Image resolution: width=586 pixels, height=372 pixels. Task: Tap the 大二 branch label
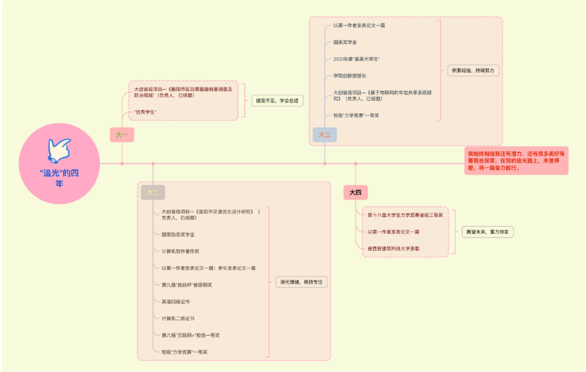153,192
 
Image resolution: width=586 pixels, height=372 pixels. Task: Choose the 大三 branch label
324,135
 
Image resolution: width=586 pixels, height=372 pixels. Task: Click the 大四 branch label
355,192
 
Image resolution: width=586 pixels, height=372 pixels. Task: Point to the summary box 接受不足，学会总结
278,101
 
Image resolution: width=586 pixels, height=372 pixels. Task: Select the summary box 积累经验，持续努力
473,71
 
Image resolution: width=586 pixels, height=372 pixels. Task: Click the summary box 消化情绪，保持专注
299,282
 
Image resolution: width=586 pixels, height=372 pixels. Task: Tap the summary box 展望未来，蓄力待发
488,231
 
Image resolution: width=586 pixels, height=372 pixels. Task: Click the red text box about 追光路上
516,160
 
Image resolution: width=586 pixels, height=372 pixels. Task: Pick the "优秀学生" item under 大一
145,112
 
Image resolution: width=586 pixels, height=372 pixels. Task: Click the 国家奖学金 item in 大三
346,42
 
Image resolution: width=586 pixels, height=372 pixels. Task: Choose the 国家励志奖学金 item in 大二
178,234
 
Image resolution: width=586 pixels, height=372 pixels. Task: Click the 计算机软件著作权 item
182,251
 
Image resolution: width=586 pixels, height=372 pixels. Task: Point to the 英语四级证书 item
175,301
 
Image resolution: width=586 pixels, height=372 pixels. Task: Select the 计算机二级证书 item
178,318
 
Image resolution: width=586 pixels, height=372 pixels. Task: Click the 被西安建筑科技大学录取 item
393,248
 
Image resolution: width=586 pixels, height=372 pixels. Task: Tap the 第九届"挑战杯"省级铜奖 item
187,284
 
